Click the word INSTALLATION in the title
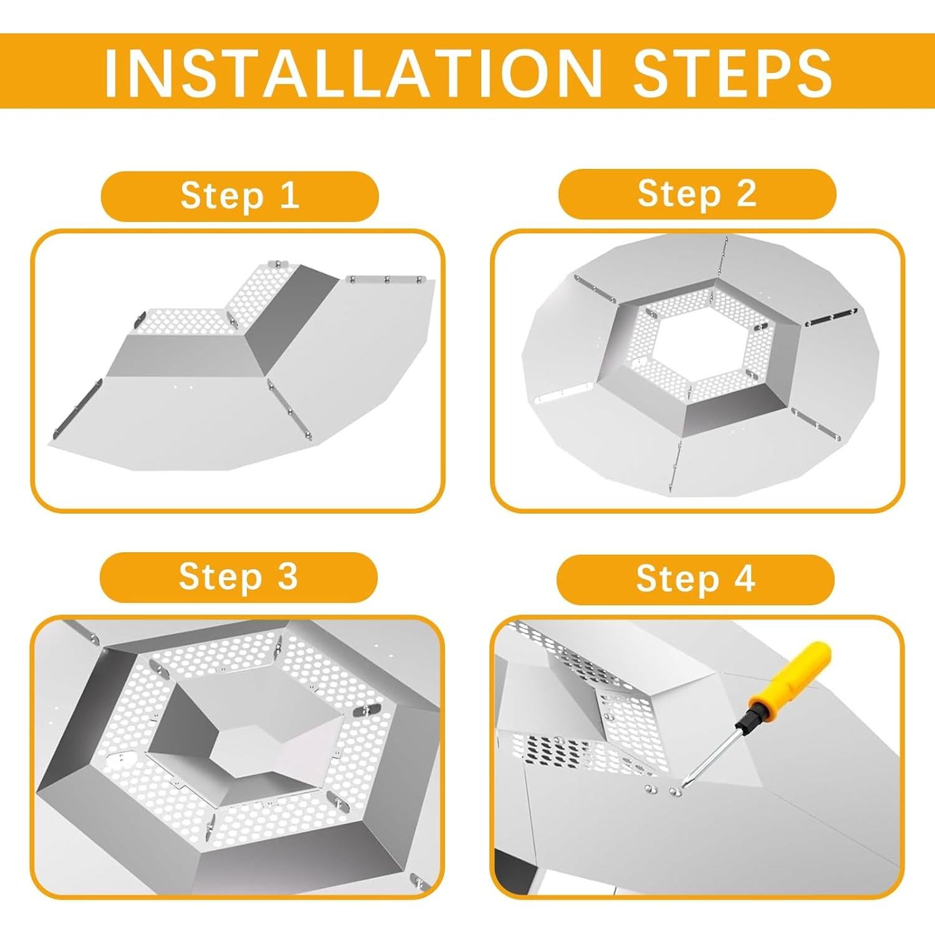coord(353,72)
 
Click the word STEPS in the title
coord(732,72)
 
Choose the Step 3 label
coord(239,577)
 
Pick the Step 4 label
coord(696,579)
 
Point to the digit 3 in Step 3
coord(288,577)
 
